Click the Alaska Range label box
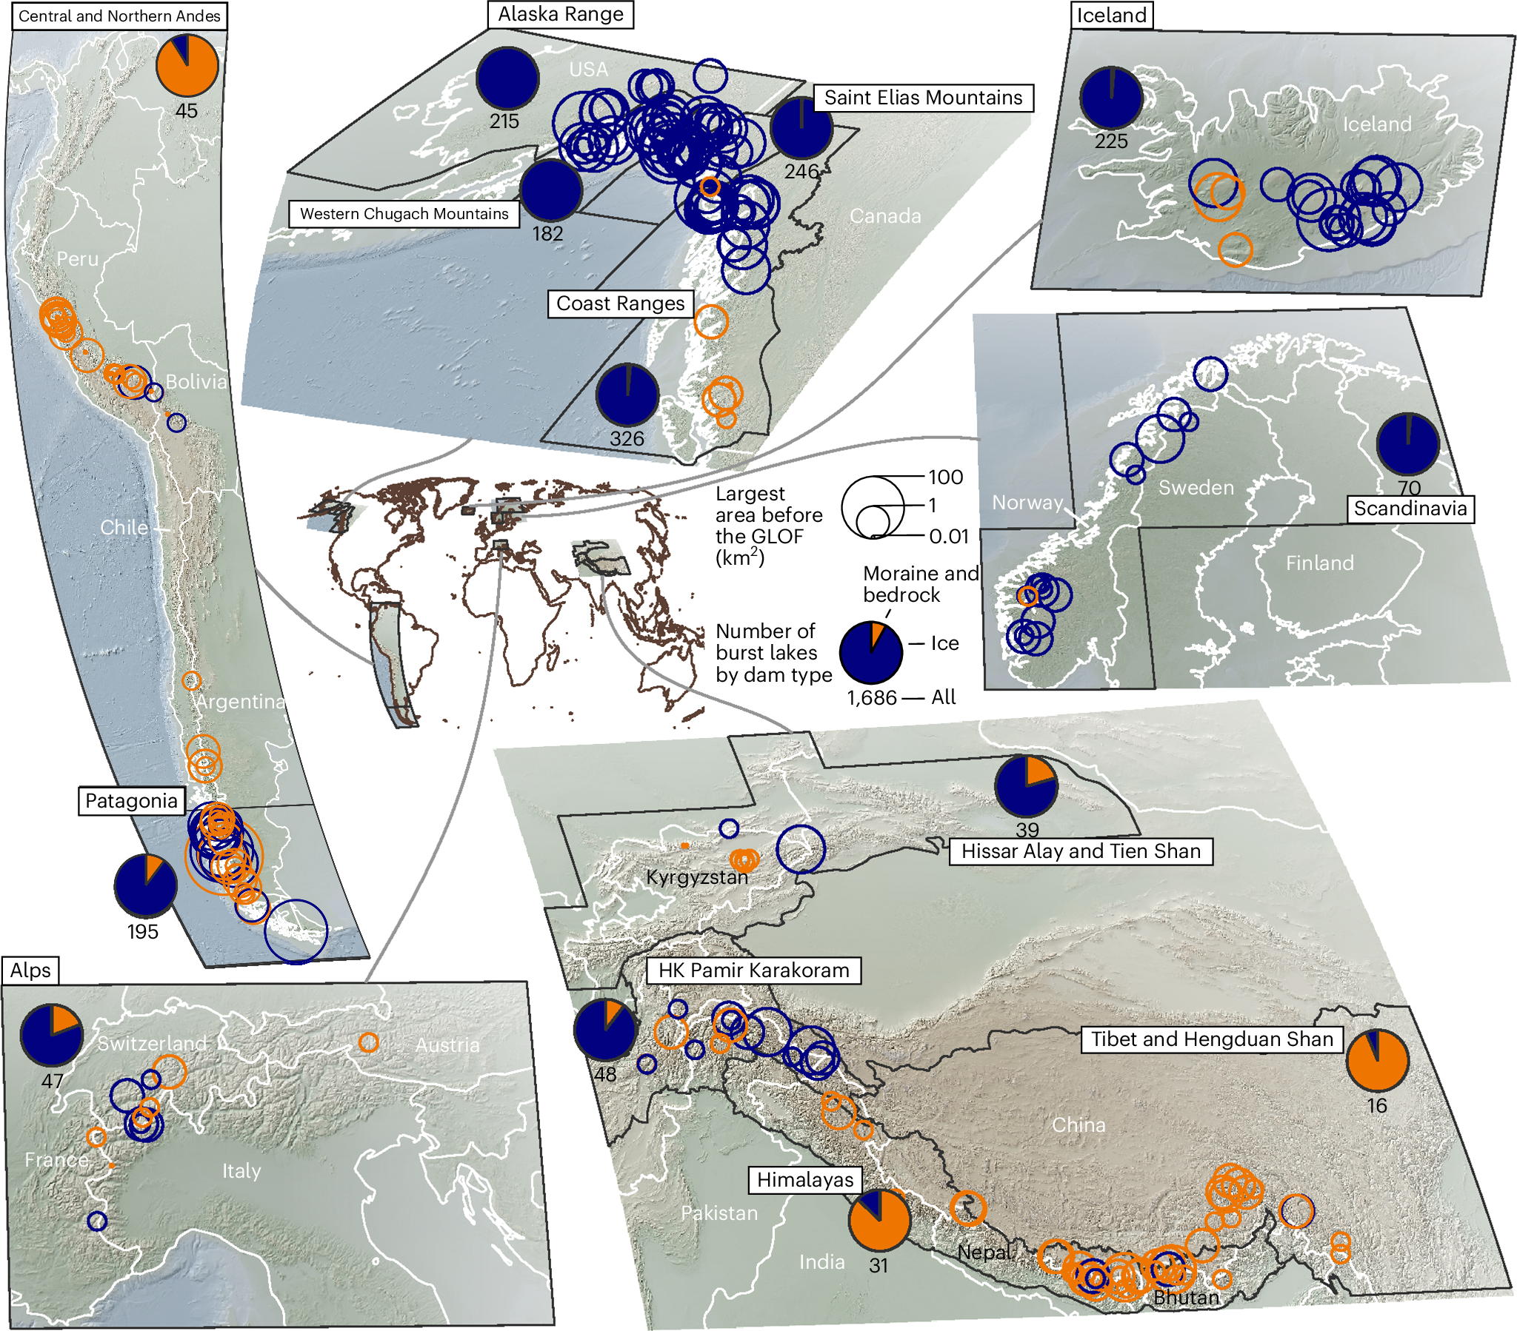point(560,15)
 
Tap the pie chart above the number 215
point(507,78)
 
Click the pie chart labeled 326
point(627,395)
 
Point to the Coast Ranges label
point(621,304)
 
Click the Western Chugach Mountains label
point(404,215)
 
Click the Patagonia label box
point(131,801)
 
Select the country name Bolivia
point(196,382)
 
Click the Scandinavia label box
point(1410,509)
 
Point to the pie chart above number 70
point(1407,444)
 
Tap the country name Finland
point(1318,563)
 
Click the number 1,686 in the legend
point(871,698)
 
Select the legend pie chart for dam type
point(870,652)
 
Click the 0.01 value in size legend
point(949,537)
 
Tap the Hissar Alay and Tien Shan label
point(1081,851)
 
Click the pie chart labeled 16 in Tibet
point(1376,1060)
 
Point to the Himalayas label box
point(804,1180)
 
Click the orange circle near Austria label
point(368,1042)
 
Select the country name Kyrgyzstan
point(696,878)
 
